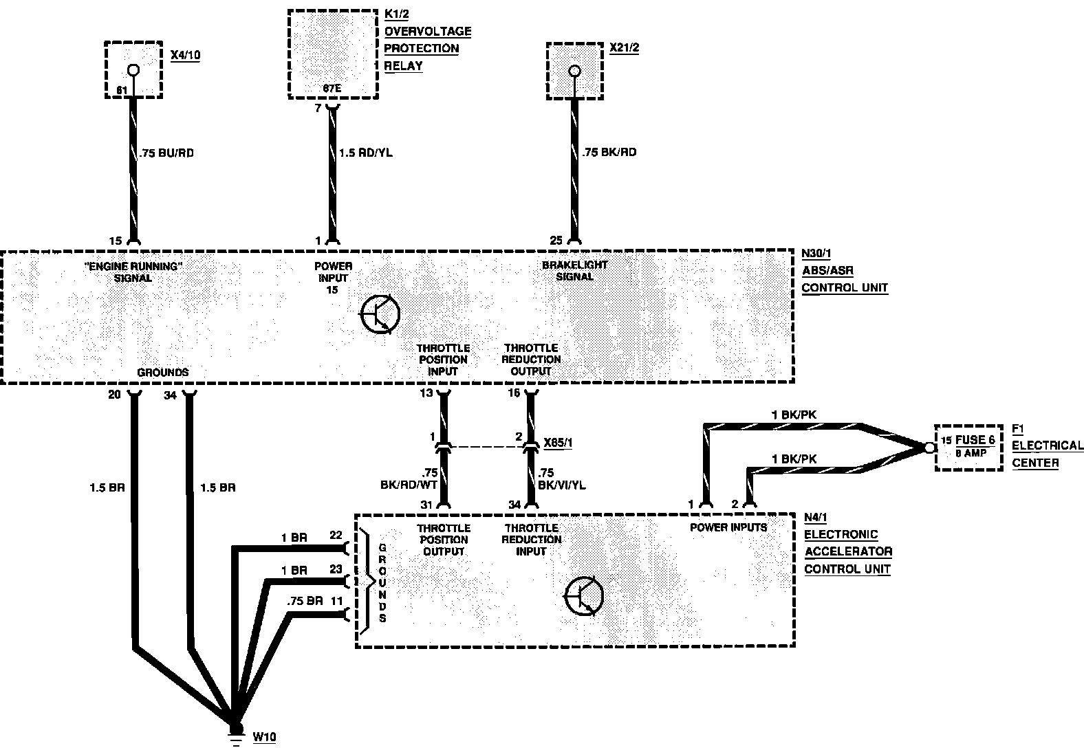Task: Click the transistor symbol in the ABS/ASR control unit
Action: (380, 314)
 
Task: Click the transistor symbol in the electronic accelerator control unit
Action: (583, 596)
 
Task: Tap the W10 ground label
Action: (264, 737)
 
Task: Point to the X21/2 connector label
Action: (625, 49)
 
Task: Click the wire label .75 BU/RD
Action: (166, 153)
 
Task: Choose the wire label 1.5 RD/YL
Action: (365, 153)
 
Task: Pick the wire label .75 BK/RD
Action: (609, 152)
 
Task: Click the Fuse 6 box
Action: (968, 446)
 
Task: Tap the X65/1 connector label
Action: (558, 443)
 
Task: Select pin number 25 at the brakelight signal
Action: (556, 240)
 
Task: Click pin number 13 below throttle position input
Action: (426, 393)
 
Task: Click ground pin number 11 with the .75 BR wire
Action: (336, 600)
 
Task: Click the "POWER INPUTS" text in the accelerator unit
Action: (728, 527)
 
